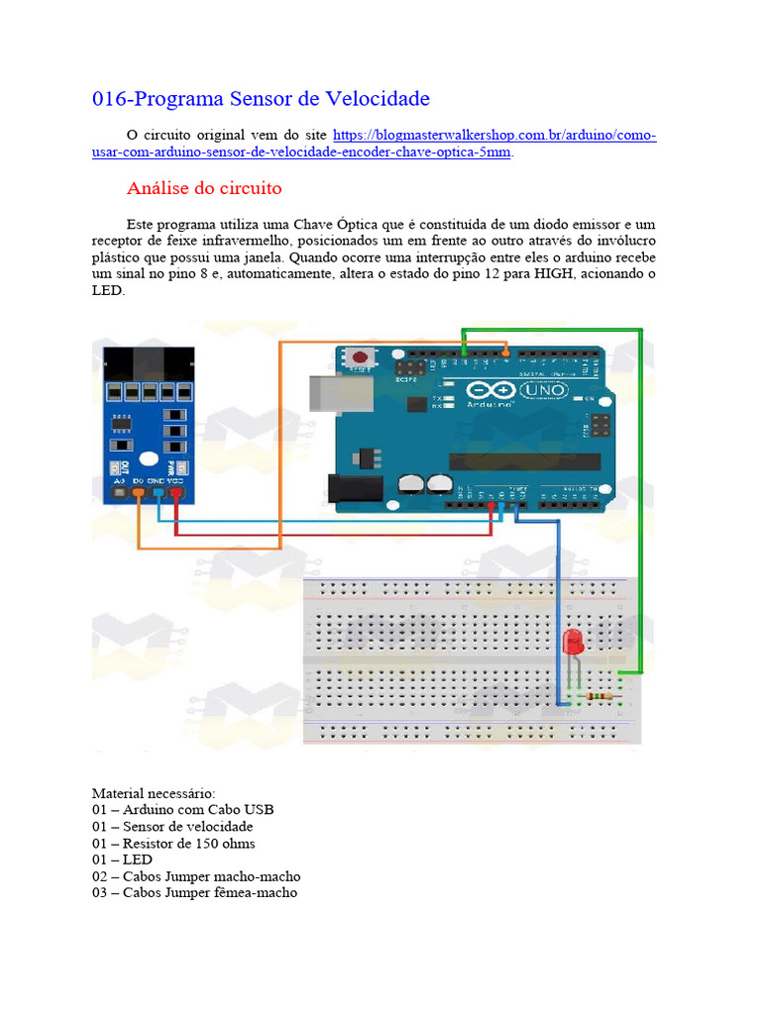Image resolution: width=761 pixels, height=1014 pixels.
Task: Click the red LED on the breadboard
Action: pos(573,642)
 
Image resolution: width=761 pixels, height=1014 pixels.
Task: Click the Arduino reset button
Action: pos(362,357)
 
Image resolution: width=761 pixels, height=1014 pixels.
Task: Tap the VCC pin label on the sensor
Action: pos(175,479)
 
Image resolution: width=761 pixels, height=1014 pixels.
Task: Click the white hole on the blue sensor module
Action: pos(147,459)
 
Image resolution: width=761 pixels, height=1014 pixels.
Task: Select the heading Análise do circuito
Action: pos(205,188)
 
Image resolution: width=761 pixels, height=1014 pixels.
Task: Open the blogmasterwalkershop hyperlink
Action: pos(494,135)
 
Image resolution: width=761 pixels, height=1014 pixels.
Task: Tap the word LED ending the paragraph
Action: pos(107,291)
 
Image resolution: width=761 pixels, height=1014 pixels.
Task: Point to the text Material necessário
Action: pos(153,793)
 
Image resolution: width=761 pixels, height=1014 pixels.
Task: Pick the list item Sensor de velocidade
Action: pos(187,827)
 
